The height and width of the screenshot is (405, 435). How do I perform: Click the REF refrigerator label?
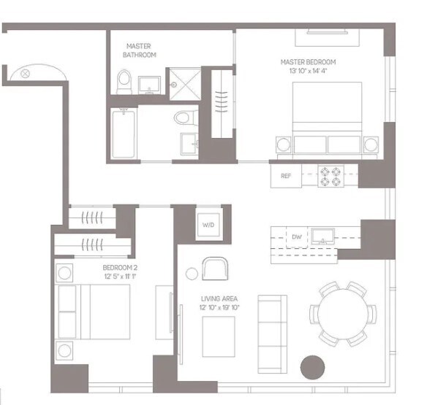coord(286,176)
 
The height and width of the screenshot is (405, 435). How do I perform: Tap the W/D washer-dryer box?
coord(208,225)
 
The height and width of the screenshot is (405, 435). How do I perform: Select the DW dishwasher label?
coord(297,237)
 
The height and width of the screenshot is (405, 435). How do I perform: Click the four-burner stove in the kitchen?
coord(330,177)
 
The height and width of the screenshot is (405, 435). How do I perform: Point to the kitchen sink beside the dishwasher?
coord(322,236)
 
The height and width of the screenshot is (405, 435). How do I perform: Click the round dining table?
coord(343,314)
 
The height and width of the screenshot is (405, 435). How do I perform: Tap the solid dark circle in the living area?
coord(312,367)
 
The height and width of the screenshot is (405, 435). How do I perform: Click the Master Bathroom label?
coord(139,50)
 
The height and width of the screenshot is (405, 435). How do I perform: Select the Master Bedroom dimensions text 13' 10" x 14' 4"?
coord(309,71)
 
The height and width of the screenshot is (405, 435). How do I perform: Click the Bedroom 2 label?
coord(120,268)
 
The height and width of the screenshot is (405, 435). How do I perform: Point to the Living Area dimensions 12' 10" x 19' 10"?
coord(219,307)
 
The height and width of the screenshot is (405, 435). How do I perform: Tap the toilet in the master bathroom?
coord(124,82)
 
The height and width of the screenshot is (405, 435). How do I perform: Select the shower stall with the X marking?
coord(185,84)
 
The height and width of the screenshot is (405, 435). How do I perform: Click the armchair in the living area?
coord(215,269)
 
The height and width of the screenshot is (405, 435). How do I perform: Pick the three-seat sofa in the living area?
coord(273,334)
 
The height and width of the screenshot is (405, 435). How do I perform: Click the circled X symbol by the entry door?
coord(26,74)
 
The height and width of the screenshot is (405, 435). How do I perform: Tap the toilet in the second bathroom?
coord(186,117)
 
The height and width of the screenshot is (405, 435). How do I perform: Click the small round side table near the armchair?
coord(192,274)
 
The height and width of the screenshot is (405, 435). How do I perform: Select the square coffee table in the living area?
coord(219,337)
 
